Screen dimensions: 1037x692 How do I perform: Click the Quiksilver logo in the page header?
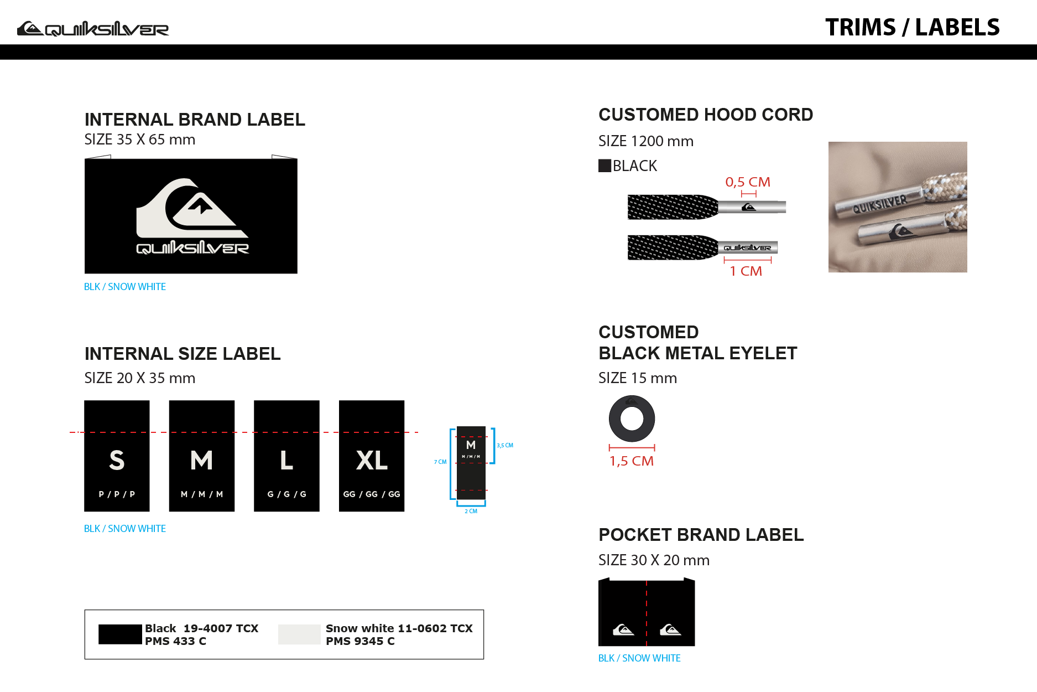coord(93,28)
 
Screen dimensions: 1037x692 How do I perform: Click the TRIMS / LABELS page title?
coord(913,27)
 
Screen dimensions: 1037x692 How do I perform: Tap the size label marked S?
coord(117,456)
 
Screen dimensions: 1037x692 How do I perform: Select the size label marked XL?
coord(372,456)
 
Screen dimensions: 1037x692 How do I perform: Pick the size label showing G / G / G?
coord(286,456)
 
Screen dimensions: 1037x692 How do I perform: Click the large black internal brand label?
coord(191,216)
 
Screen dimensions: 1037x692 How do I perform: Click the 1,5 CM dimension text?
coord(632,461)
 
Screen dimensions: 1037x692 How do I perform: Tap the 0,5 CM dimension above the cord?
coord(748,182)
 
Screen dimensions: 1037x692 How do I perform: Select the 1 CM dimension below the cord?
coord(746,271)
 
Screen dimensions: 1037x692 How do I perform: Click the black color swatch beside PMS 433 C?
coord(120,634)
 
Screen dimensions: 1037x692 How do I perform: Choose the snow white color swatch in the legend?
coord(299,634)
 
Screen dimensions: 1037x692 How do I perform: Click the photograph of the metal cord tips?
coord(898,207)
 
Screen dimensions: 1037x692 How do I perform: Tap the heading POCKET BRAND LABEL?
coord(701,535)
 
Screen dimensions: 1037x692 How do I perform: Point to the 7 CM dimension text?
coord(440,462)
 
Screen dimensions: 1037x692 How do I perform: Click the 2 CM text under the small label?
coord(471,511)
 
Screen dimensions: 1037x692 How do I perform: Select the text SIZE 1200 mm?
coord(646,141)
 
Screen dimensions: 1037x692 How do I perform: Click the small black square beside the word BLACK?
coord(605,166)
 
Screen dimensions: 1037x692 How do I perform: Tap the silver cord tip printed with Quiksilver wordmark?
coord(748,247)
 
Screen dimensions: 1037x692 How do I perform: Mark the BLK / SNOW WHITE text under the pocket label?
coord(639,658)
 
